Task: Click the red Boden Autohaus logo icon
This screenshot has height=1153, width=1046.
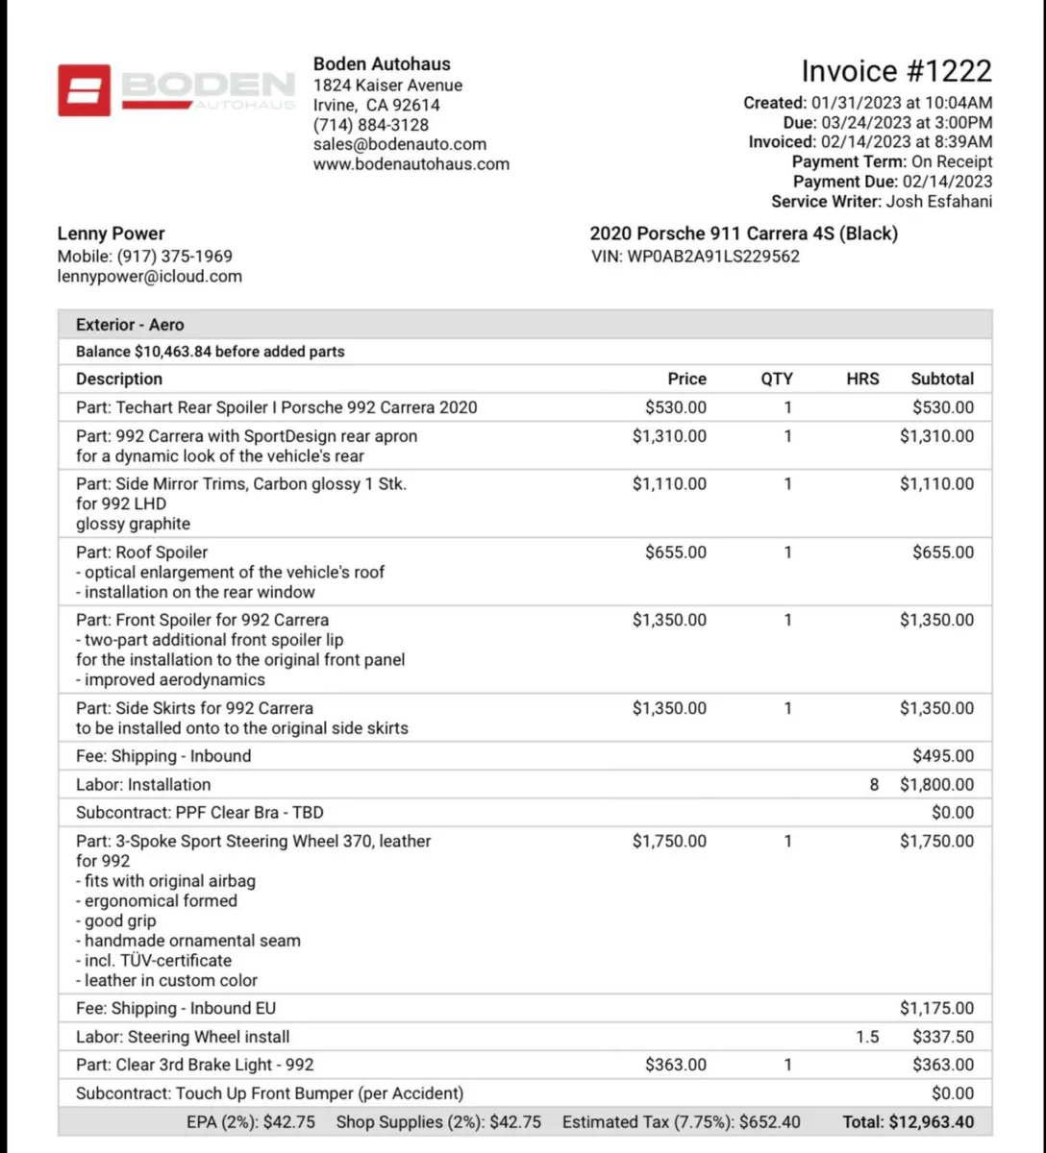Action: point(84,90)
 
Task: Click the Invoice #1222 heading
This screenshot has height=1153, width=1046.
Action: point(896,72)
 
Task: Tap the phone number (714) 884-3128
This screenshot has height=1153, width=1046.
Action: point(371,125)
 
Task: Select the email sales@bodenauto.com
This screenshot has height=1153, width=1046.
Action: point(400,144)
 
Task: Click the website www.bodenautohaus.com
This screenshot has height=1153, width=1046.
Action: point(411,164)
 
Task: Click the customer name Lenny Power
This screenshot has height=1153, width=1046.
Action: point(111,233)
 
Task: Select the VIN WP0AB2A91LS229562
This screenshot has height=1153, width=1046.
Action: point(713,257)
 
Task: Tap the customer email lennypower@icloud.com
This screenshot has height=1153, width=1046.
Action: point(149,277)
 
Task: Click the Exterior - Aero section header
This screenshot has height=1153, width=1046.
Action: point(130,325)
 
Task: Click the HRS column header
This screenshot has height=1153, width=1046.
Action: point(862,379)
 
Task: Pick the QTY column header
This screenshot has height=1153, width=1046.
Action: point(777,379)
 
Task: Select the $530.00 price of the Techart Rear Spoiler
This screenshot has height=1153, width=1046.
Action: point(675,407)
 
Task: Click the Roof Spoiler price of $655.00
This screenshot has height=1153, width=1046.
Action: point(675,552)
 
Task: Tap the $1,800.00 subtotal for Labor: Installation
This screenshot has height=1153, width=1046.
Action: point(936,785)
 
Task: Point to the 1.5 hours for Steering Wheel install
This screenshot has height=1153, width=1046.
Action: point(867,1037)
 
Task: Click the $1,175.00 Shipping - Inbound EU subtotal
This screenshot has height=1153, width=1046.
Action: point(936,1009)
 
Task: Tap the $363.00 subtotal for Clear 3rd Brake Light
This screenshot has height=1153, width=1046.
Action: point(942,1066)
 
